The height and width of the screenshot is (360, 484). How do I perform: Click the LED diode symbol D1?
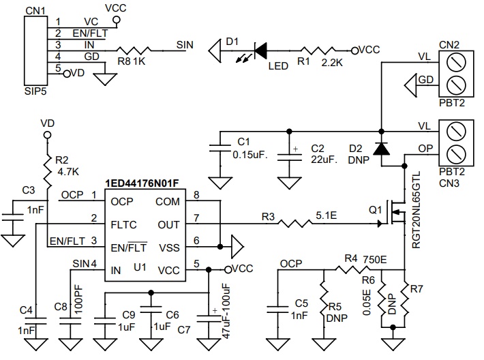(x=260, y=50)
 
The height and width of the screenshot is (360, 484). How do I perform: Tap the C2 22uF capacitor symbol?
(x=290, y=156)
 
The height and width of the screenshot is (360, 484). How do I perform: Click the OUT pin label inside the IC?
(x=168, y=224)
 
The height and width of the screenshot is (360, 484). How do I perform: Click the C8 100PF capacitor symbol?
(x=70, y=320)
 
